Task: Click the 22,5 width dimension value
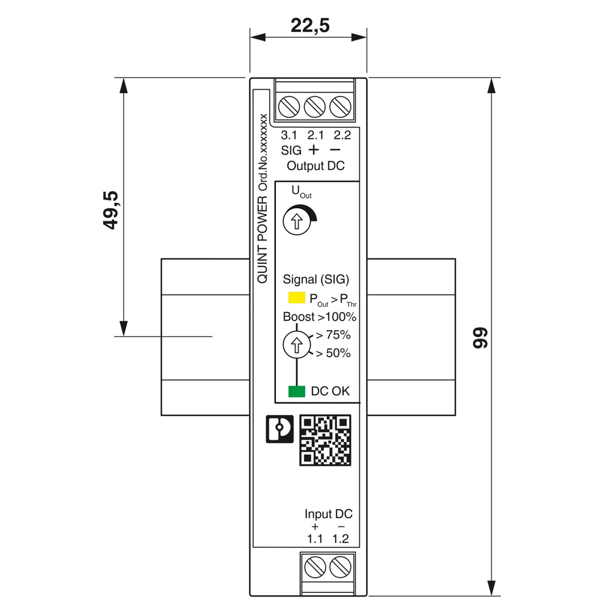click(x=310, y=25)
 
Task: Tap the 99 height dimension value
click(x=479, y=338)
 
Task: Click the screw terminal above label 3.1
click(x=289, y=107)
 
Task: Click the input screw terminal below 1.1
click(x=315, y=566)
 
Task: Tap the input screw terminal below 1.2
click(x=340, y=566)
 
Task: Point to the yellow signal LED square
click(x=296, y=297)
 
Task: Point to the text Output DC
click(x=316, y=166)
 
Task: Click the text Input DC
click(x=328, y=514)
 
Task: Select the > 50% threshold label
click(x=334, y=353)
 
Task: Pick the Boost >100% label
click(x=320, y=316)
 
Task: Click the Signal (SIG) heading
click(x=316, y=279)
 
